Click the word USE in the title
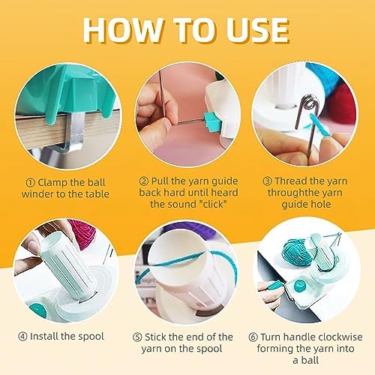point(257,30)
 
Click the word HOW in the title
point(123,30)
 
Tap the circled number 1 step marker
point(30,183)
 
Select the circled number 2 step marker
point(144,181)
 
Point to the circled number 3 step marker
point(267,181)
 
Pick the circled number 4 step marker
point(22,337)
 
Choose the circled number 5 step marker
point(137,337)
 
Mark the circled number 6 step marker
point(253,337)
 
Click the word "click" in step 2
point(211,205)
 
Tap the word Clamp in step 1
point(52,183)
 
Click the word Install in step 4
point(43,337)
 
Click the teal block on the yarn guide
point(212,121)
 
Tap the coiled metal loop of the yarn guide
point(310,102)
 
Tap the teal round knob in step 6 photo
point(300,286)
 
